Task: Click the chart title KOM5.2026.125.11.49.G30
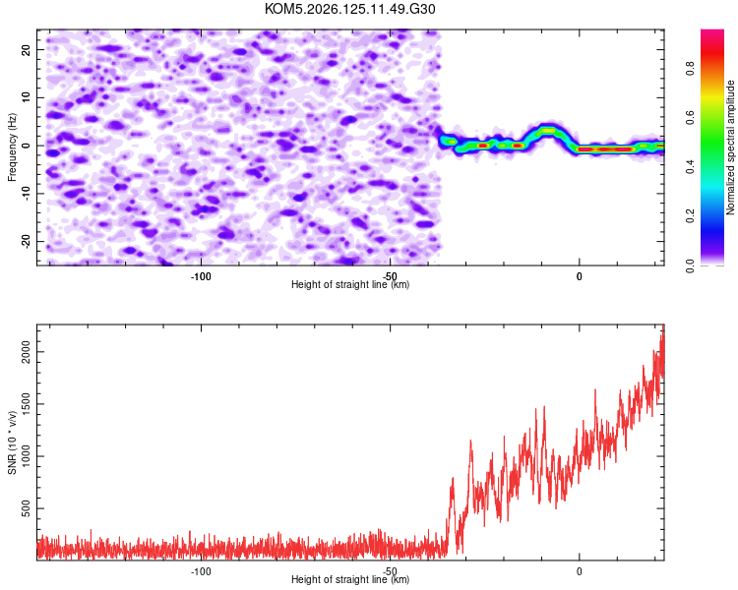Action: pos(349,9)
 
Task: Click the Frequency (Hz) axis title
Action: pos(12,147)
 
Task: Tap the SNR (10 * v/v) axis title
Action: pos(12,442)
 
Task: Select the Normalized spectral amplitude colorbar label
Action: pos(730,147)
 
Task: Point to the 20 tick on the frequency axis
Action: pos(26,49)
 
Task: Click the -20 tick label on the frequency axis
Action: pos(26,241)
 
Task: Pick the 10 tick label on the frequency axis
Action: pos(26,97)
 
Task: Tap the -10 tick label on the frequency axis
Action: pos(26,194)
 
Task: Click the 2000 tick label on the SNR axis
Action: pos(26,352)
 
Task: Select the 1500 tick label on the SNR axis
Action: pos(26,404)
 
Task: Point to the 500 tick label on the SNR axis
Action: pos(26,508)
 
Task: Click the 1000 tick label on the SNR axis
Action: pos(26,456)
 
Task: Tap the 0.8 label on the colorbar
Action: pos(690,69)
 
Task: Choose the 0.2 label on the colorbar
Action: pos(690,215)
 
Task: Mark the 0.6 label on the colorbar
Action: pos(690,118)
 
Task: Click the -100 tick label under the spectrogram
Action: pos(201,276)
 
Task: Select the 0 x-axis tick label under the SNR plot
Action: pos(580,571)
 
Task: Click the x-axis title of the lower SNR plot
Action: pos(350,579)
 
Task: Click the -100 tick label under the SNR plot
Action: pos(201,571)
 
